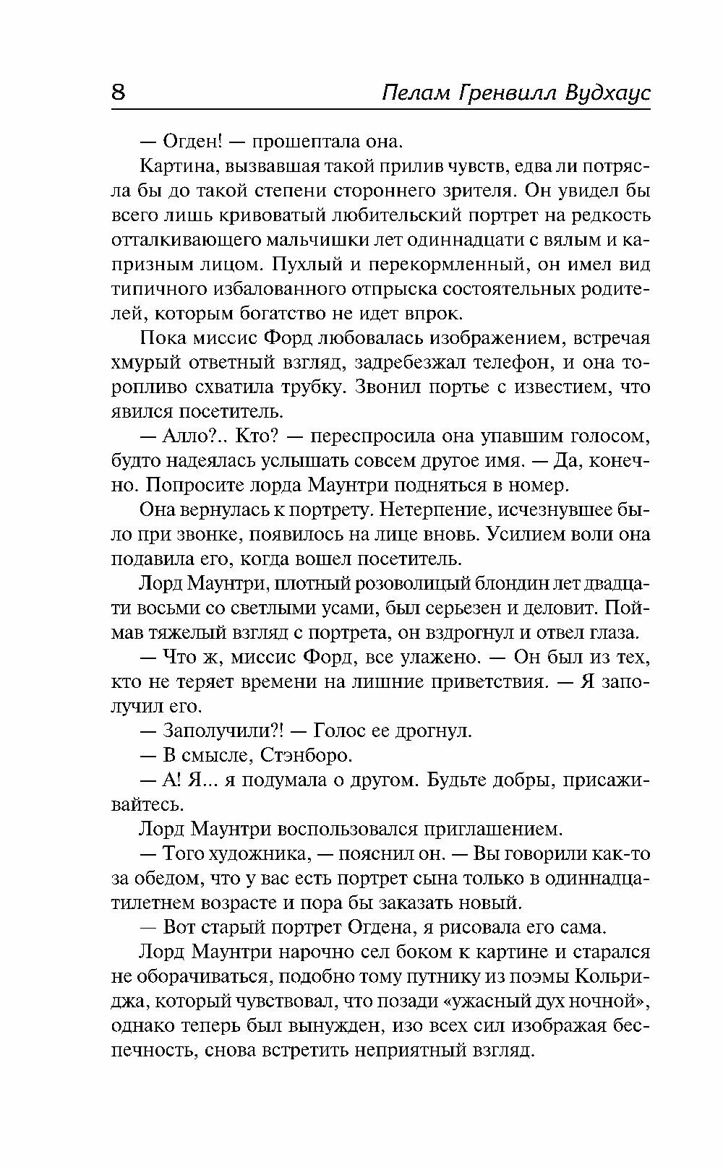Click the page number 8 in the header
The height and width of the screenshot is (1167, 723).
(119, 94)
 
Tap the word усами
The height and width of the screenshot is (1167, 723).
(361, 608)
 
